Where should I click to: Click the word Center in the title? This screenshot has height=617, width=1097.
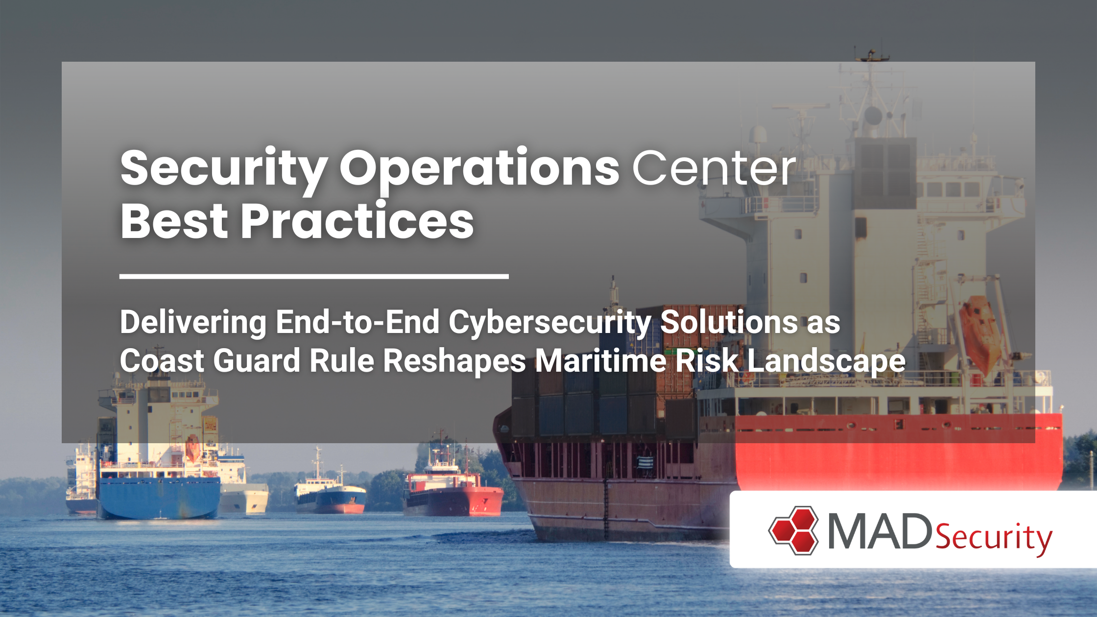pyautogui.click(x=714, y=168)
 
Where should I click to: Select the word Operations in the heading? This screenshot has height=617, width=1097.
pyautogui.click(x=479, y=171)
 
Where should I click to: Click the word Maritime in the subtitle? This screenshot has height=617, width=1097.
pyautogui.click(x=600, y=361)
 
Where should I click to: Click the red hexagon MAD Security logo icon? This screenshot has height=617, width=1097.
pyautogui.click(x=793, y=530)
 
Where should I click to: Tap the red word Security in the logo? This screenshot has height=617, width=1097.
pyautogui.click(x=994, y=538)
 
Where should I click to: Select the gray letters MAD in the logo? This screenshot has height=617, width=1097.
pyautogui.click(x=880, y=531)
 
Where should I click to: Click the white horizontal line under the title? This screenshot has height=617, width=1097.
pyautogui.click(x=314, y=277)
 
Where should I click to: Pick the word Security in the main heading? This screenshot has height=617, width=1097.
pyautogui.click(x=224, y=171)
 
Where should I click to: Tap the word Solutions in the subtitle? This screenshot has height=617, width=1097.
pyautogui.click(x=729, y=324)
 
